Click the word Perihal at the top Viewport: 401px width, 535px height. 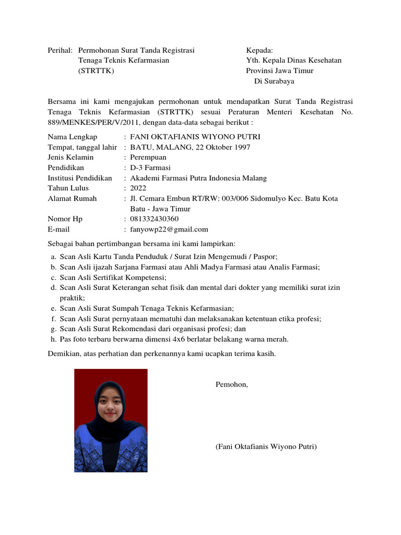click(x=60, y=50)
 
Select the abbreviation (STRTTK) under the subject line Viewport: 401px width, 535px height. click(x=96, y=71)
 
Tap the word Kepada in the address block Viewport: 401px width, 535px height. click(x=260, y=50)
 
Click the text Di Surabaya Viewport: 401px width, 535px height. click(x=274, y=81)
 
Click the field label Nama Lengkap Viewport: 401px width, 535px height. click(x=73, y=137)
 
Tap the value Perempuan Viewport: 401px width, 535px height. click(x=148, y=157)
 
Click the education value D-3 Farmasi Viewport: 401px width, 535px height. click(x=150, y=168)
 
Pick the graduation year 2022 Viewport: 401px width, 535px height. click(x=138, y=188)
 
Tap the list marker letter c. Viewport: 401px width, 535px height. click(x=53, y=277)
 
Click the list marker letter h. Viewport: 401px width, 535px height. click(x=53, y=339)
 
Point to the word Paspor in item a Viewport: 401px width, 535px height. click(x=265, y=257)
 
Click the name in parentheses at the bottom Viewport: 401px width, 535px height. click(x=266, y=447)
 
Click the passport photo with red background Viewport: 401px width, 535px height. click(x=111, y=421)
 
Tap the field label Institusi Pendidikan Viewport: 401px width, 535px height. click(x=80, y=178)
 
